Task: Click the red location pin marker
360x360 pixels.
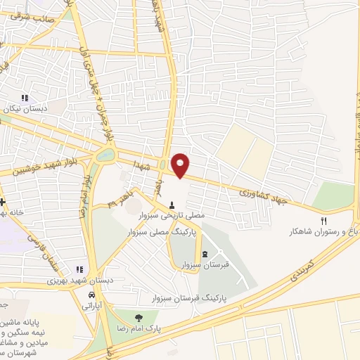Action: tap(181, 165)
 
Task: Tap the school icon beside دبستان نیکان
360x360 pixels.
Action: tap(25, 98)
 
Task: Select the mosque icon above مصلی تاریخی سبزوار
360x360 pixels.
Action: tap(172, 205)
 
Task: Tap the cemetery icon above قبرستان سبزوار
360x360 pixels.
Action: tap(205, 254)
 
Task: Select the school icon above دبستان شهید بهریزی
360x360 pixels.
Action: tap(80, 269)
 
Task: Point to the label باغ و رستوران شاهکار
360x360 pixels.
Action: tap(323, 231)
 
